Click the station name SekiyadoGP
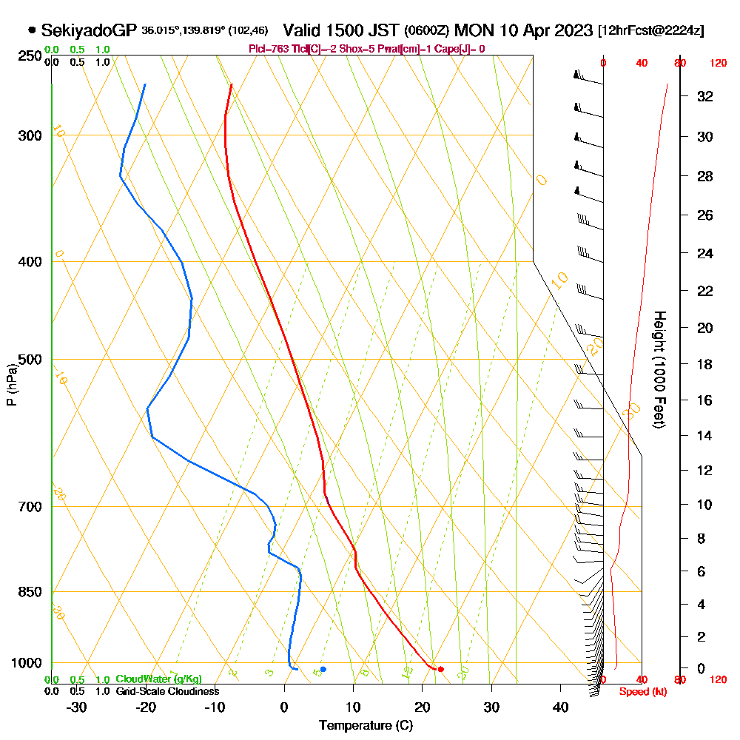pyautogui.click(x=89, y=30)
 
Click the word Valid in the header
pyautogui.click(x=305, y=30)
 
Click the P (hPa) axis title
pyautogui.click(x=11, y=385)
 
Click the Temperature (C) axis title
pyautogui.click(x=366, y=726)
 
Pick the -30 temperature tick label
pyautogui.click(x=77, y=707)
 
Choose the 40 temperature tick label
pyautogui.click(x=560, y=707)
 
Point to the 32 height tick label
pyautogui.click(x=705, y=96)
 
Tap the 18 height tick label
pyautogui.click(x=705, y=364)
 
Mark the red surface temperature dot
pyautogui.click(x=440, y=669)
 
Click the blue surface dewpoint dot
pyautogui.click(x=323, y=669)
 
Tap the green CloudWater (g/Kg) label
pyautogui.click(x=158, y=679)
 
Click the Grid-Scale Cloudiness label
pyautogui.click(x=167, y=691)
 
